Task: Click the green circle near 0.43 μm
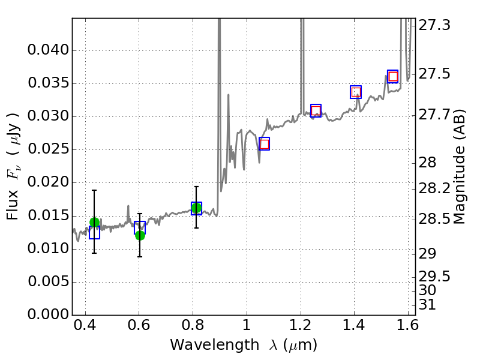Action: tap(94, 222)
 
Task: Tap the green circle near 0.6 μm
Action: tap(140, 235)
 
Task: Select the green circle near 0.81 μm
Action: tap(196, 208)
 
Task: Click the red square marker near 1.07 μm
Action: tap(264, 143)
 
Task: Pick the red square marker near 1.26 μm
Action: tap(316, 110)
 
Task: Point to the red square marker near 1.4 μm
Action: tap(356, 92)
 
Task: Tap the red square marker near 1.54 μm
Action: tap(393, 76)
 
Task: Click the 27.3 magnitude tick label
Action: tap(436, 25)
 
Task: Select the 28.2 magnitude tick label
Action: tap(436, 189)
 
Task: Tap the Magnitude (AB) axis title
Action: tap(460, 167)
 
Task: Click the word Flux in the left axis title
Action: tap(13, 206)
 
